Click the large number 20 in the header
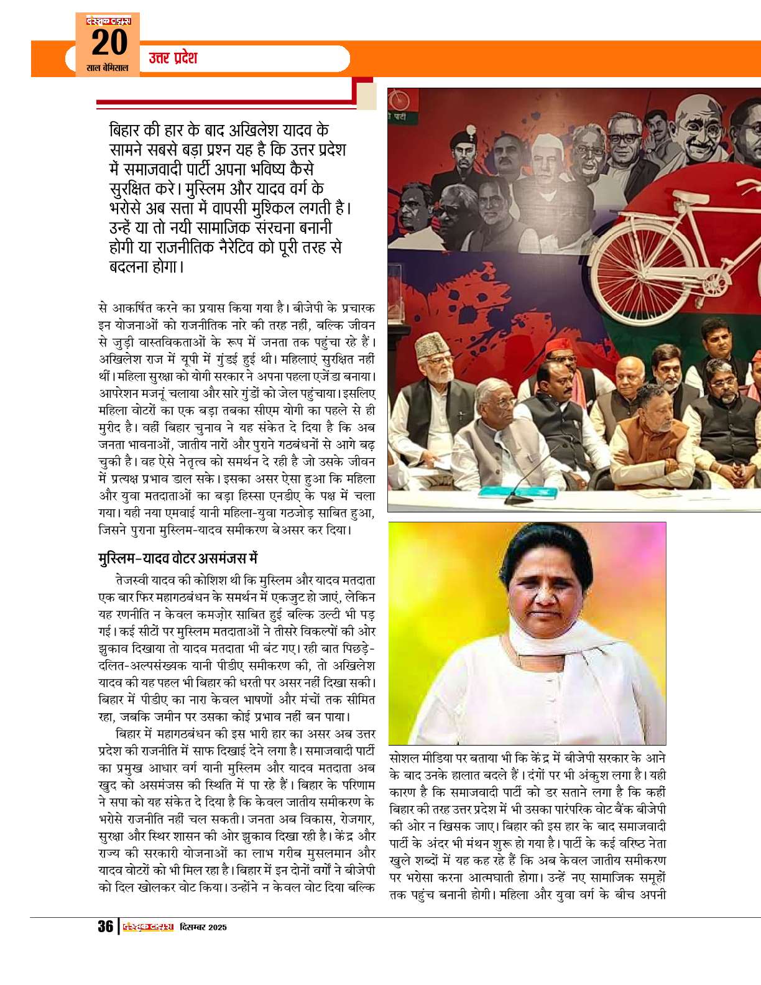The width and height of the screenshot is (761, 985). [109, 44]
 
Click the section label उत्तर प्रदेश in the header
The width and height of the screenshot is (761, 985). [173, 58]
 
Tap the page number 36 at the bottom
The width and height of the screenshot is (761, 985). [105, 927]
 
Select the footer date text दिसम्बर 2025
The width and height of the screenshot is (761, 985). [203, 927]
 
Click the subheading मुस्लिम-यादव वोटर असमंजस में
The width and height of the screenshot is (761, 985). [178, 558]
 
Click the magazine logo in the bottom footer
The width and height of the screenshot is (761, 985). [148, 927]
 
